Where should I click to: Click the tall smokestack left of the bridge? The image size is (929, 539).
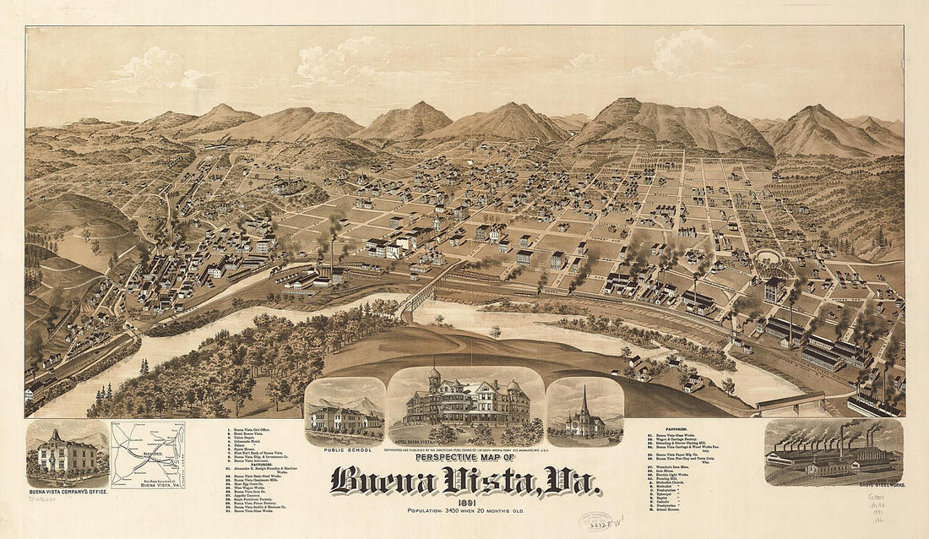tap(332, 253)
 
